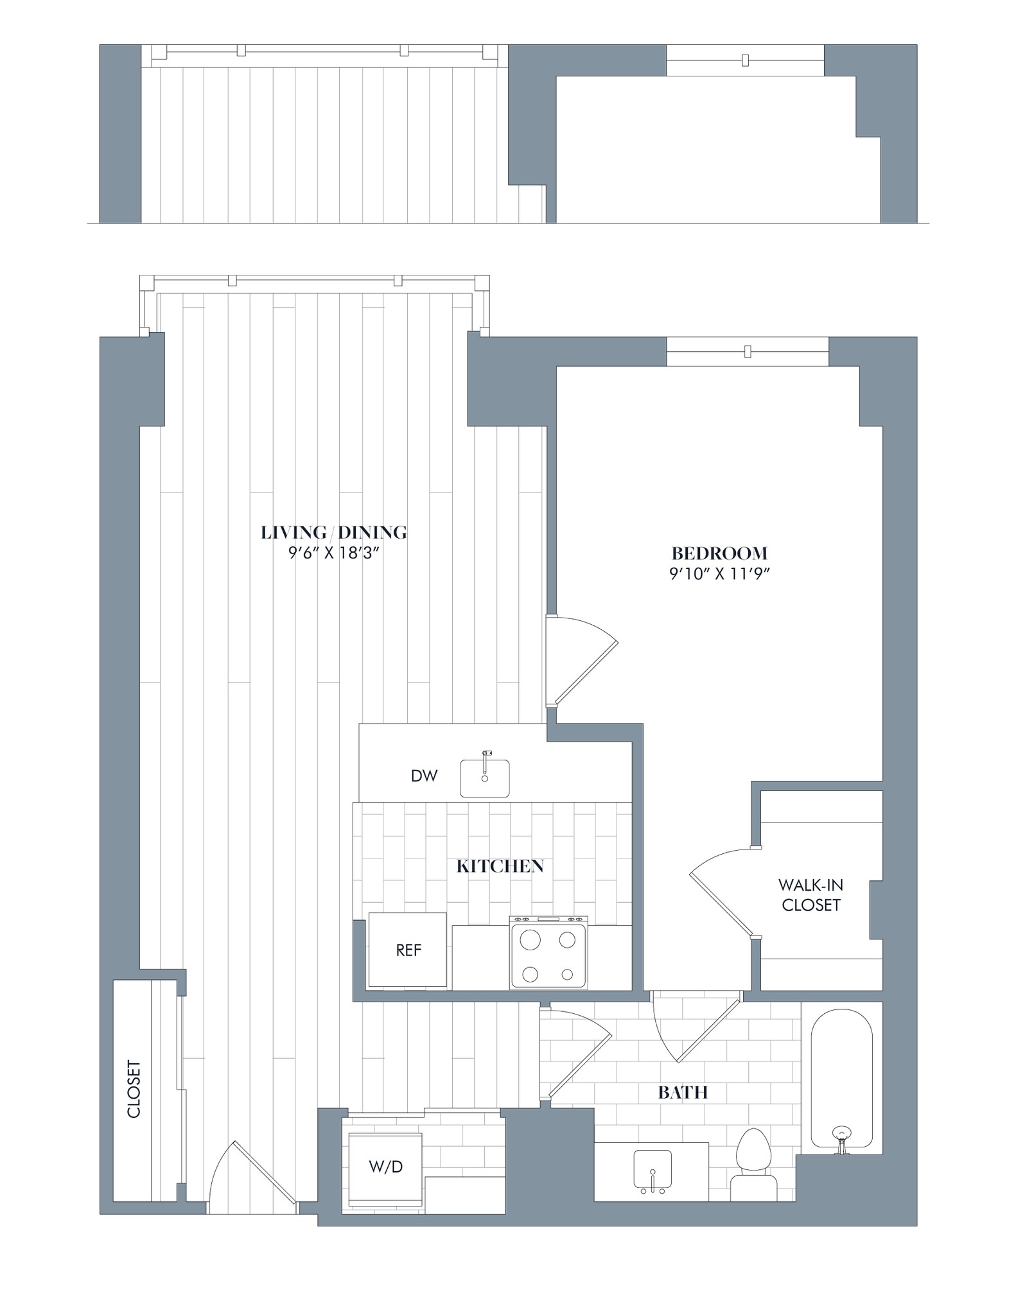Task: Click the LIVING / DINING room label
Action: pos(334,532)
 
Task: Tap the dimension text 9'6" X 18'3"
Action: pos(335,553)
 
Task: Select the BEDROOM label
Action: pos(719,553)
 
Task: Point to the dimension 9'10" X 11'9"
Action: pos(719,573)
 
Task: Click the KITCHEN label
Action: pos(500,866)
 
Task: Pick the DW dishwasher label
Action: pos(424,776)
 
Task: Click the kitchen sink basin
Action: pos(485,778)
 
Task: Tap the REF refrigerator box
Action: pos(408,950)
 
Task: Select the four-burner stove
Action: pos(548,953)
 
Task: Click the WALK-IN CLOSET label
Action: pos(810,895)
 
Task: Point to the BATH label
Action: pos(683,1092)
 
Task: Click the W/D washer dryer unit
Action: pos(385,1167)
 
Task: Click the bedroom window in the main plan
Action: pos(747,351)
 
